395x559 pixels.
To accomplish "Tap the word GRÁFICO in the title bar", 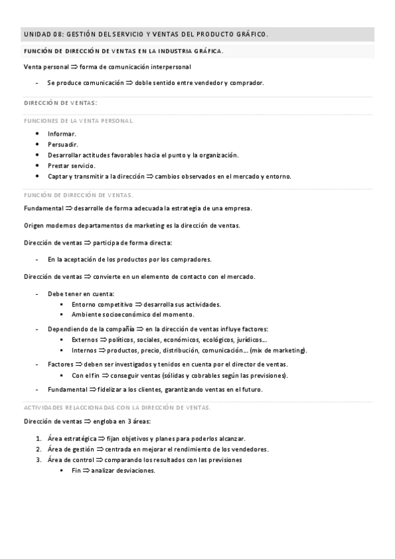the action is tap(250, 34).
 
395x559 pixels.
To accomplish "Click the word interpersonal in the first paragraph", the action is tap(169, 67).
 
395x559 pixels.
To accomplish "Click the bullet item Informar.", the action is tap(61, 134).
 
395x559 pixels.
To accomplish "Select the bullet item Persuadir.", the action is tap(63, 144).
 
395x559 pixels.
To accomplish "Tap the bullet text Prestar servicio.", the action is tap(71, 165).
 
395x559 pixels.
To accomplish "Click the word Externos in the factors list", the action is tap(85, 339).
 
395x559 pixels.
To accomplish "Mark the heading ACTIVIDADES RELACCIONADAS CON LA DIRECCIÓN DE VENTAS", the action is tap(117, 408).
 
